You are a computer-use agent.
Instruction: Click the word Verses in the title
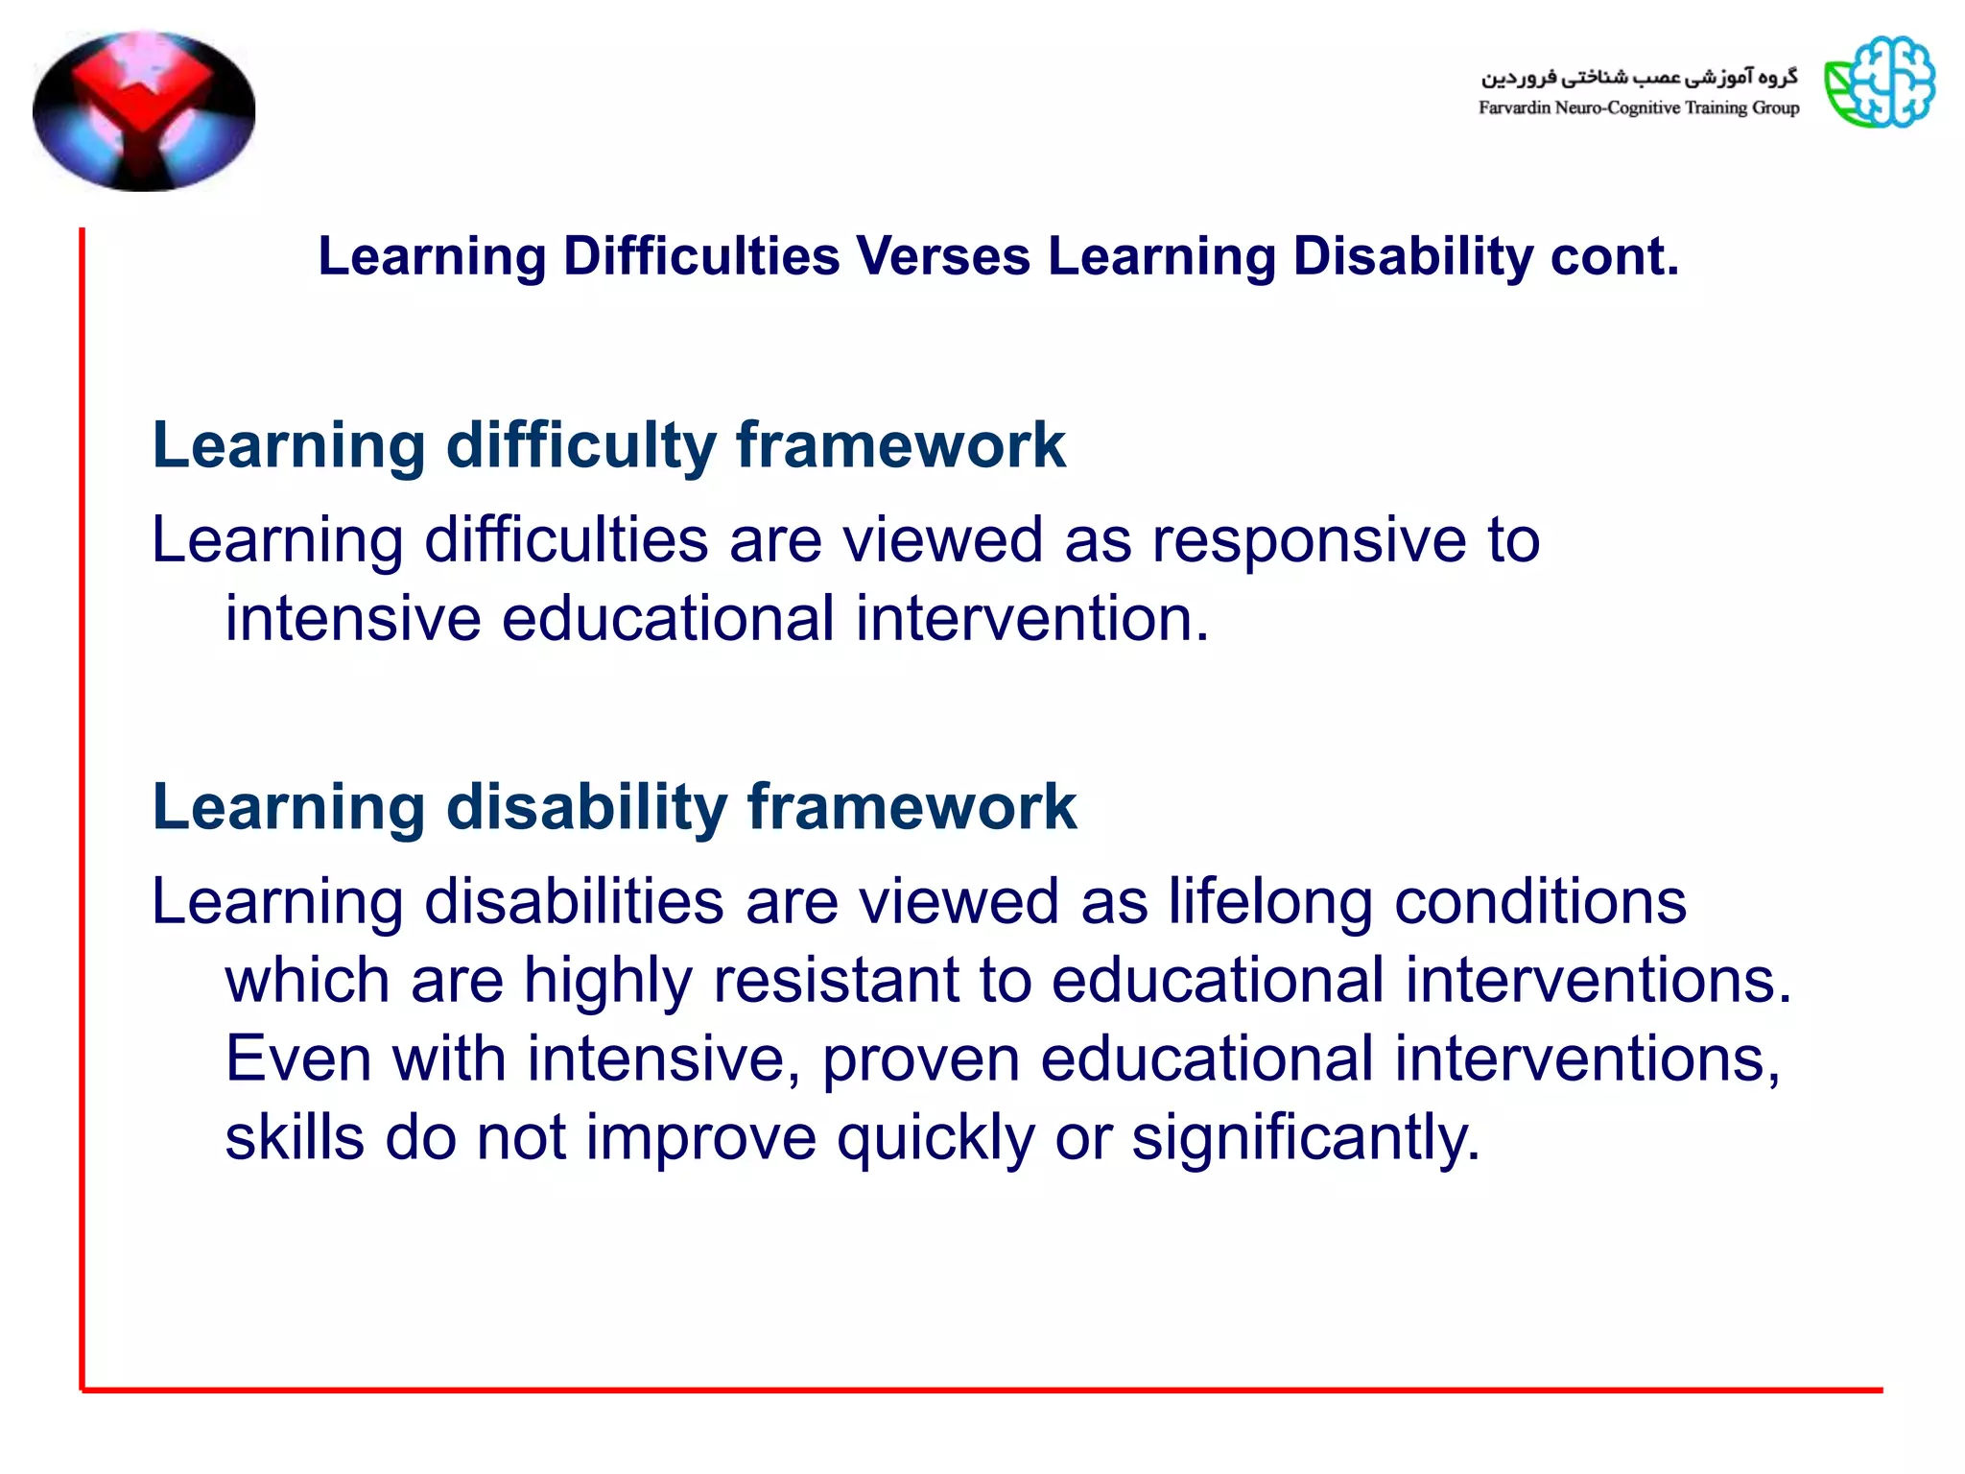[x=942, y=257]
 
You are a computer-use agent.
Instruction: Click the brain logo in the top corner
[x=1880, y=83]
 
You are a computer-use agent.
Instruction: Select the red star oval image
[x=144, y=110]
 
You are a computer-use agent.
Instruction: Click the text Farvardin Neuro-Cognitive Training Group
[x=1638, y=108]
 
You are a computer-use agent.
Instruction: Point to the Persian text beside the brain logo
[x=1639, y=77]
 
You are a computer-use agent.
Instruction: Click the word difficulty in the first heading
[x=580, y=446]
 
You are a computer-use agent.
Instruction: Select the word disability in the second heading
[x=587, y=808]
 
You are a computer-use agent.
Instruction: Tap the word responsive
[x=1309, y=540]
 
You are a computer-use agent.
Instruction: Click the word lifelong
[x=1270, y=902]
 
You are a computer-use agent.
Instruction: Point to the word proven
[x=921, y=1059]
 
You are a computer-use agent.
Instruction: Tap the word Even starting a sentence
[x=298, y=1059]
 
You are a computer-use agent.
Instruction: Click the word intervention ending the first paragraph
[x=1031, y=619]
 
